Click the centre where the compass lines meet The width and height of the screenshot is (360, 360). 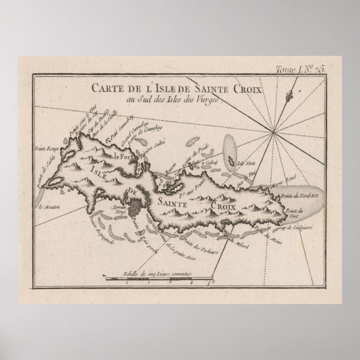coord(273,132)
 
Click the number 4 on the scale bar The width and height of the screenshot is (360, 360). coord(191,284)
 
